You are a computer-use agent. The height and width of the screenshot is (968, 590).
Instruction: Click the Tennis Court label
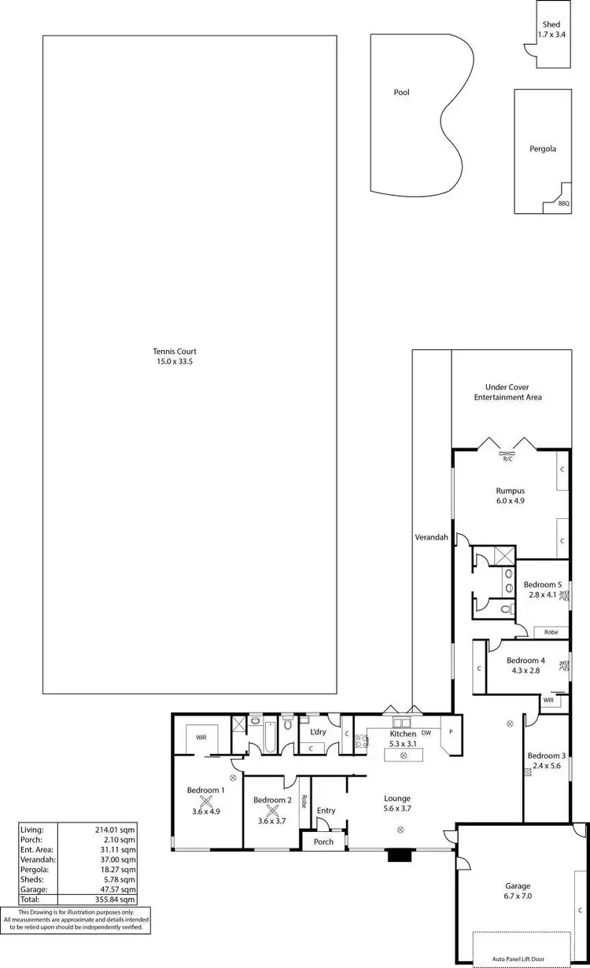click(175, 351)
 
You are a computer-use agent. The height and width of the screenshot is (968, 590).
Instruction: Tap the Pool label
click(401, 92)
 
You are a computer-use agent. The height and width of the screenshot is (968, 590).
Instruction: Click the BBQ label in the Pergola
click(563, 204)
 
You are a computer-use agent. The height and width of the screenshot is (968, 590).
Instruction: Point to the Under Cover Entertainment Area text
click(507, 392)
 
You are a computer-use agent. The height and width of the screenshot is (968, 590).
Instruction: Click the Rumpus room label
click(510, 491)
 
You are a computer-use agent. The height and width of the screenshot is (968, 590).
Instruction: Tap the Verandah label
click(431, 538)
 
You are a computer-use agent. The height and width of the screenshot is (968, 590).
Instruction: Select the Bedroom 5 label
click(543, 584)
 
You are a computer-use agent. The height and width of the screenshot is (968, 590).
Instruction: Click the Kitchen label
click(404, 734)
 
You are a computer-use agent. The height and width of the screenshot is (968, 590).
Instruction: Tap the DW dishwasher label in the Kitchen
click(426, 733)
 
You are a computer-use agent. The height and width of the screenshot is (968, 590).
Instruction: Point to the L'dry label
click(318, 732)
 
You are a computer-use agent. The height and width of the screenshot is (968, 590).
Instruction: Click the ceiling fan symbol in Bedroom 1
click(206, 801)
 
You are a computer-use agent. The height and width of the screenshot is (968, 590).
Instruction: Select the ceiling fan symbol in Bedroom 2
click(273, 810)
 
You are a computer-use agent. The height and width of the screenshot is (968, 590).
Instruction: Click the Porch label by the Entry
click(323, 841)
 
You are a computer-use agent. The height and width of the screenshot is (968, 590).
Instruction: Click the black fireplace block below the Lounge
click(396, 856)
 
